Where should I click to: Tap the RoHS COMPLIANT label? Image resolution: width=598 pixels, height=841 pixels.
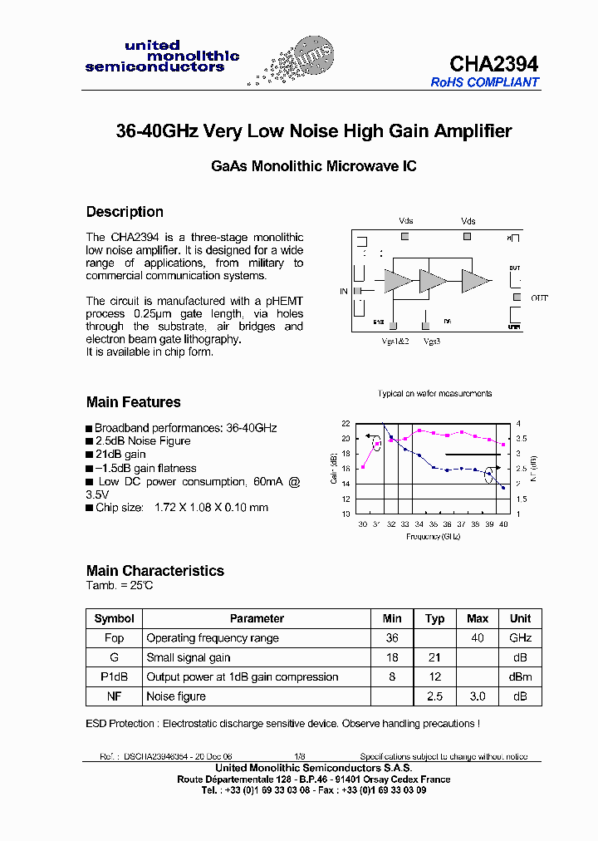click(x=485, y=82)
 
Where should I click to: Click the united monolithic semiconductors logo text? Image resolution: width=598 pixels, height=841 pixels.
click(x=162, y=57)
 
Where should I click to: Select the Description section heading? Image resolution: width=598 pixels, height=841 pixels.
click(x=125, y=212)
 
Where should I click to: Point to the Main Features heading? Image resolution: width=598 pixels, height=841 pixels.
click(x=133, y=402)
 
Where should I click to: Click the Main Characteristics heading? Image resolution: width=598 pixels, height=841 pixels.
click(x=155, y=571)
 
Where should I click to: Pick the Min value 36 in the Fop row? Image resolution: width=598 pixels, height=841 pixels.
click(x=392, y=638)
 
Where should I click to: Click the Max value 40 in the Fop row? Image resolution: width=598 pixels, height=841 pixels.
click(x=478, y=638)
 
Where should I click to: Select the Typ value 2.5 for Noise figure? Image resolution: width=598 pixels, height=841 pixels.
click(x=434, y=696)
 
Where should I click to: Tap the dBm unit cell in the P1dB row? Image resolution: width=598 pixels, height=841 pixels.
click(x=520, y=677)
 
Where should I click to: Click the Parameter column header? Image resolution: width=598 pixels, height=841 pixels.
click(x=257, y=619)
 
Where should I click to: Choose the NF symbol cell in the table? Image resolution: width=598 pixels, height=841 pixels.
click(x=114, y=696)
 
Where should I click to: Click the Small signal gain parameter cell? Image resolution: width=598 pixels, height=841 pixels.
click(x=189, y=657)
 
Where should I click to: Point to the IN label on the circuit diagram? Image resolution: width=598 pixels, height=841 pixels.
click(x=344, y=291)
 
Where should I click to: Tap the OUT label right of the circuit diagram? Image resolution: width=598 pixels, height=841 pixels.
click(x=540, y=298)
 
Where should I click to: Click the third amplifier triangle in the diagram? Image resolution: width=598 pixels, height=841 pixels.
click(x=475, y=281)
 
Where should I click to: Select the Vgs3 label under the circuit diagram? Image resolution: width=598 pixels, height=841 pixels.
click(x=431, y=342)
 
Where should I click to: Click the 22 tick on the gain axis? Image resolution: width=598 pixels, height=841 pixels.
click(x=346, y=423)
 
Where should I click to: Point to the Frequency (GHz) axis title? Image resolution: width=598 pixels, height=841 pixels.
click(x=433, y=537)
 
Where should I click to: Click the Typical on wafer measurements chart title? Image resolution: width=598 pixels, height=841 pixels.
click(x=434, y=393)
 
